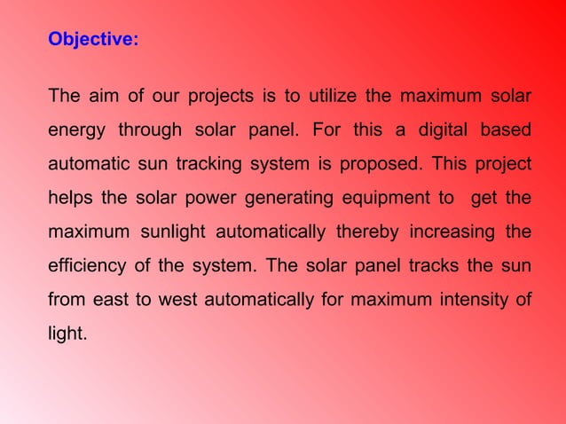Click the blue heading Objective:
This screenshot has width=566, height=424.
point(93,40)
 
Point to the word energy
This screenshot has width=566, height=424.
point(75,131)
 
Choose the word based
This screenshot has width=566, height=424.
point(506,131)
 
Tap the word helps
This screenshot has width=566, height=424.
point(67,200)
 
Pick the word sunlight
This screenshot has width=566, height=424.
point(170,235)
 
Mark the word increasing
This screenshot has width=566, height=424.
point(452,235)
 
